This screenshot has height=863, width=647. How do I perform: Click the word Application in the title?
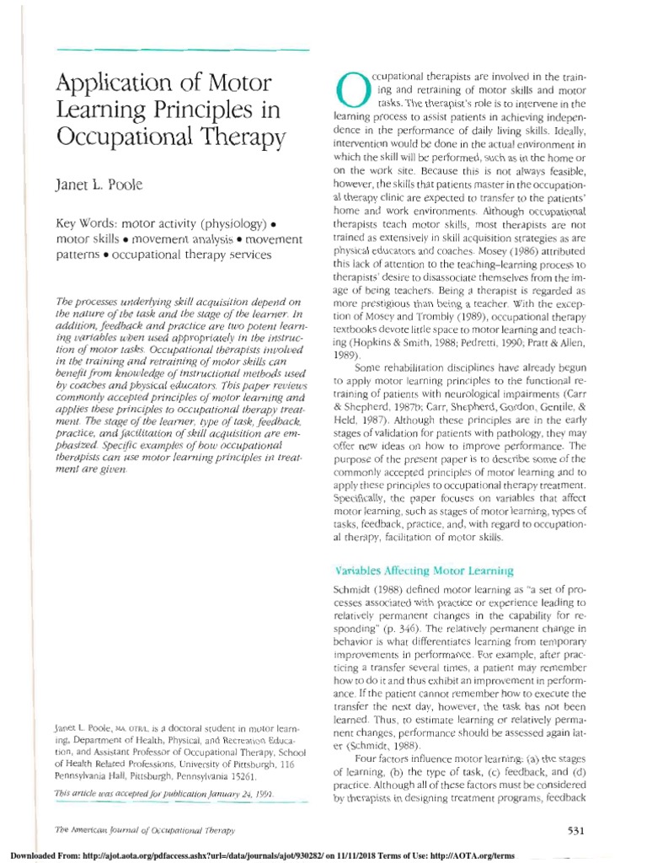click(109, 84)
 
